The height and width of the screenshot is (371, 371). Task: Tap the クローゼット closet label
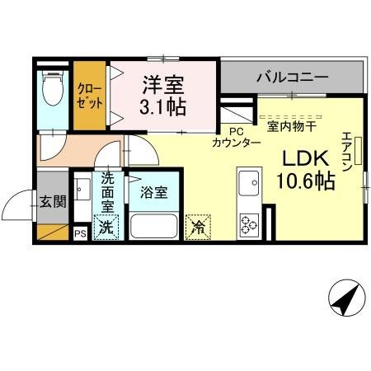[x=90, y=96]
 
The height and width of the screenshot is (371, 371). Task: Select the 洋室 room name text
[x=162, y=85]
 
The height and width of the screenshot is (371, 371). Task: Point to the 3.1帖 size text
[x=163, y=107]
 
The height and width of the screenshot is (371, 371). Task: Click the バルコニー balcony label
[x=292, y=78]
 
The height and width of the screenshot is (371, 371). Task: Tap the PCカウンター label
[x=237, y=137]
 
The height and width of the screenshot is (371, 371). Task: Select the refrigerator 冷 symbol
[x=199, y=224]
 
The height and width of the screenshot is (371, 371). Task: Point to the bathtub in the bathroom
[x=154, y=225]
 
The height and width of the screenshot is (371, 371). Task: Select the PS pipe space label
[x=80, y=234]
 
